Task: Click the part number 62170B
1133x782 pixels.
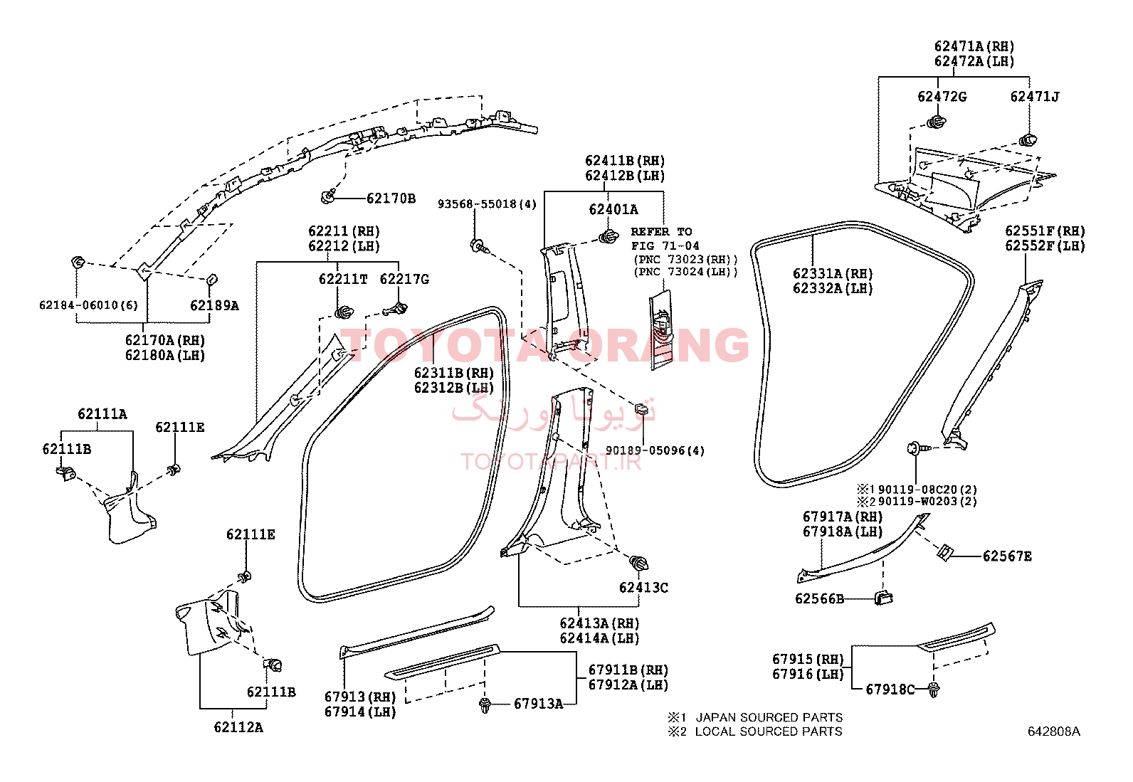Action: [x=391, y=199]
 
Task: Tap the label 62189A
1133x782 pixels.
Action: [x=214, y=305]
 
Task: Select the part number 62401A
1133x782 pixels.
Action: [x=613, y=209]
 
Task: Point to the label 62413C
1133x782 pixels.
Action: [x=643, y=587]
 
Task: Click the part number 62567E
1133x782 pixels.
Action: [x=1007, y=556]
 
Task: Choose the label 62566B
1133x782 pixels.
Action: [x=819, y=599]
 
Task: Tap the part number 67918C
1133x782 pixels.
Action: [x=890, y=689]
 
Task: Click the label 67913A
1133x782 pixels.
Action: [x=538, y=704]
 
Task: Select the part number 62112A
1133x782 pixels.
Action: [x=238, y=727]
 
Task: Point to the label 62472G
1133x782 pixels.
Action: [x=942, y=97]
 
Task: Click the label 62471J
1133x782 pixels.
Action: [x=1034, y=97]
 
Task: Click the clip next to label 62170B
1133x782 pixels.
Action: [x=328, y=196]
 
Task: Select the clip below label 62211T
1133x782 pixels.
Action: [x=344, y=312]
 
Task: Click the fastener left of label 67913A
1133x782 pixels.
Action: [x=485, y=704]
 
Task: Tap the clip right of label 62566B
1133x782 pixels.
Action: [x=884, y=598]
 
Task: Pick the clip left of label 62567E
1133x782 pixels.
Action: [x=944, y=552]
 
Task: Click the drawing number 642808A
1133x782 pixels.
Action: [x=1053, y=731]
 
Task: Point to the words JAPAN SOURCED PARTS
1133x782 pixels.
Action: [x=769, y=717]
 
